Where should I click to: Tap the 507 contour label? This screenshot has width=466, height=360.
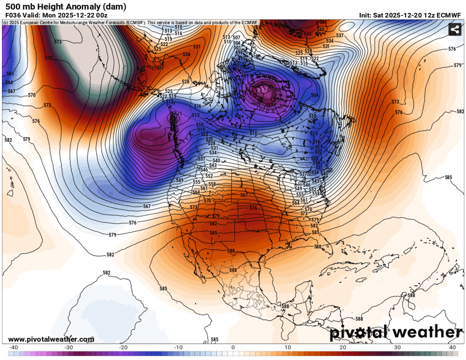pyautogui.click(x=236, y=37)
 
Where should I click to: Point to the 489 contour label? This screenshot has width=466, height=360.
pyautogui.click(x=245, y=76)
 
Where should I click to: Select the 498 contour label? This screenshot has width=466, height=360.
pyautogui.click(x=239, y=52)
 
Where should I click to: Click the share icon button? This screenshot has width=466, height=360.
pyautogui.click(x=454, y=30)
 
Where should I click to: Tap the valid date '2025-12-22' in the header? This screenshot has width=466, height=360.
pyautogui.click(x=81, y=16)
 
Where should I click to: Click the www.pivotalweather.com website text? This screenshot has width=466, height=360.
pyautogui.click(x=51, y=339)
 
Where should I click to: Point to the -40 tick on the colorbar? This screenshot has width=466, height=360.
pyautogui.click(x=13, y=348)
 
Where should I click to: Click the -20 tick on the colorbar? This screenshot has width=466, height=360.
pyautogui.click(x=123, y=348)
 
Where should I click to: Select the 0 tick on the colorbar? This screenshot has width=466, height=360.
pyautogui.click(x=233, y=348)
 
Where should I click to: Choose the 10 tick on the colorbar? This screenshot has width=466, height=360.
pyautogui.click(x=288, y=348)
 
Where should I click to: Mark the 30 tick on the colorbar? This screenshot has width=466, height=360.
pyautogui.click(x=397, y=348)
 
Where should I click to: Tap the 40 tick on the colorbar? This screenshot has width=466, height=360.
pyautogui.click(x=452, y=348)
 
